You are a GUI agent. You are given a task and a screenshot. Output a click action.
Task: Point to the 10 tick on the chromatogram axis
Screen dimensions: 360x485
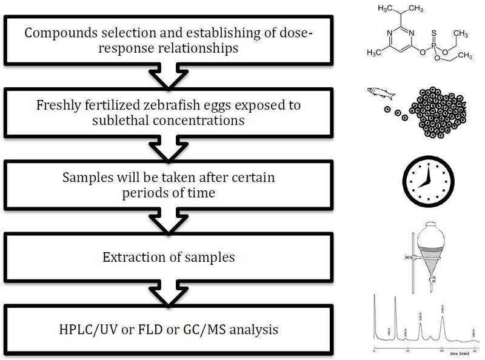click(407, 352)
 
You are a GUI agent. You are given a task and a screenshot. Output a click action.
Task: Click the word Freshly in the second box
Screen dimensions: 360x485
click(71, 105)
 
